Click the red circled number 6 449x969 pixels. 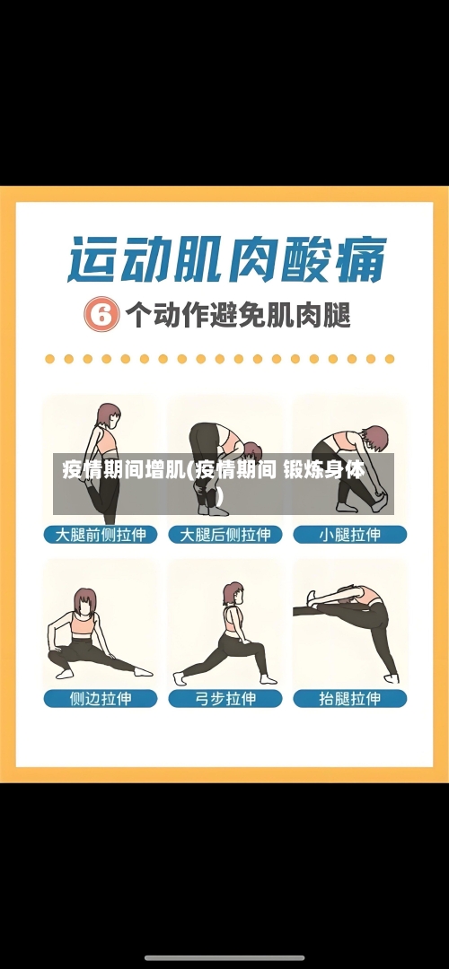[101, 316]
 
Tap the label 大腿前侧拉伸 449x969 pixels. [101, 535]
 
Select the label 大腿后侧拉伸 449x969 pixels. [225, 535]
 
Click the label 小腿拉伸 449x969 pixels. [350, 535]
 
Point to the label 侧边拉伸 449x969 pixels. [101, 697]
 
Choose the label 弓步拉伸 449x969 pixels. [225, 697]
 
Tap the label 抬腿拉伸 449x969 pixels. [350, 697]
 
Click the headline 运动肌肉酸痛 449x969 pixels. [225, 260]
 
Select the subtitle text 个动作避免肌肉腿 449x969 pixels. [238, 316]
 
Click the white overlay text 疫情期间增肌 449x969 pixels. [123, 469]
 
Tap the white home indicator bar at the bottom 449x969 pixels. [224, 958]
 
